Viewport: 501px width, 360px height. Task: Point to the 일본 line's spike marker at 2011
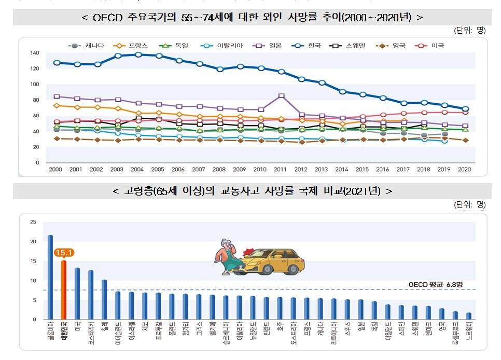point(281,96)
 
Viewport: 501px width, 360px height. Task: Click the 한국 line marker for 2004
point(138,54)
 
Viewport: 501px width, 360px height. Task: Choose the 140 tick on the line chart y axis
point(35,53)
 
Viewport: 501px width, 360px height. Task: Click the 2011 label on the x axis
point(281,170)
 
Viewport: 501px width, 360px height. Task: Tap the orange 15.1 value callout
point(63,253)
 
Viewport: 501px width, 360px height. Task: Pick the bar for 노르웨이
point(469,316)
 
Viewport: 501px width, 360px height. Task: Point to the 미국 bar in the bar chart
point(77,294)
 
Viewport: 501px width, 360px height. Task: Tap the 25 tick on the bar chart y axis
point(33,222)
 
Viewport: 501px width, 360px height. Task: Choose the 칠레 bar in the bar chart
point(104,299)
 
